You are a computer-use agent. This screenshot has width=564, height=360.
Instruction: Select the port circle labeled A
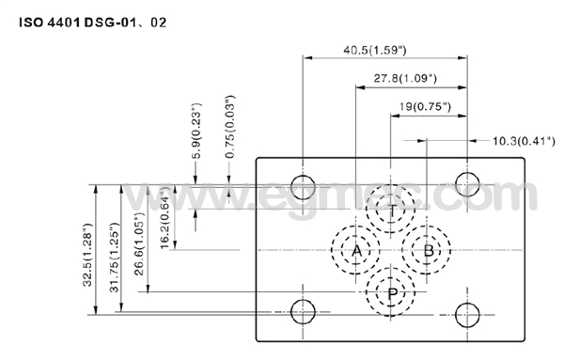(x=355, y=251)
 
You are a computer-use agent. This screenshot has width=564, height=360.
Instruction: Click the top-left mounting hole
(x=303, y=183)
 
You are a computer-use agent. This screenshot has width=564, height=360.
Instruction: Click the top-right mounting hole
(x=463, y=183)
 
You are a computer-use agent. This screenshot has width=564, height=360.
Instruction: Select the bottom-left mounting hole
(x=303, y=311)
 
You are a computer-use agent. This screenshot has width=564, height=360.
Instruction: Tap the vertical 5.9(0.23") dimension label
(x=196, y=131)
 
